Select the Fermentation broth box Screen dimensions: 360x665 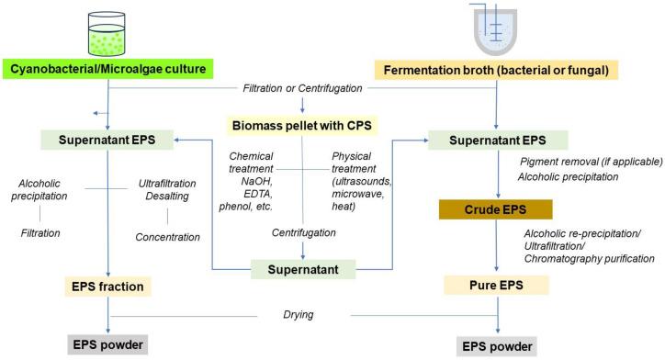click(x=498, y=68)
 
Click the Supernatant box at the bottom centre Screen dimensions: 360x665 click(x=303, y=270)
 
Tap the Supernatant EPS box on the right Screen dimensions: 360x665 click(x=498, y=141)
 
